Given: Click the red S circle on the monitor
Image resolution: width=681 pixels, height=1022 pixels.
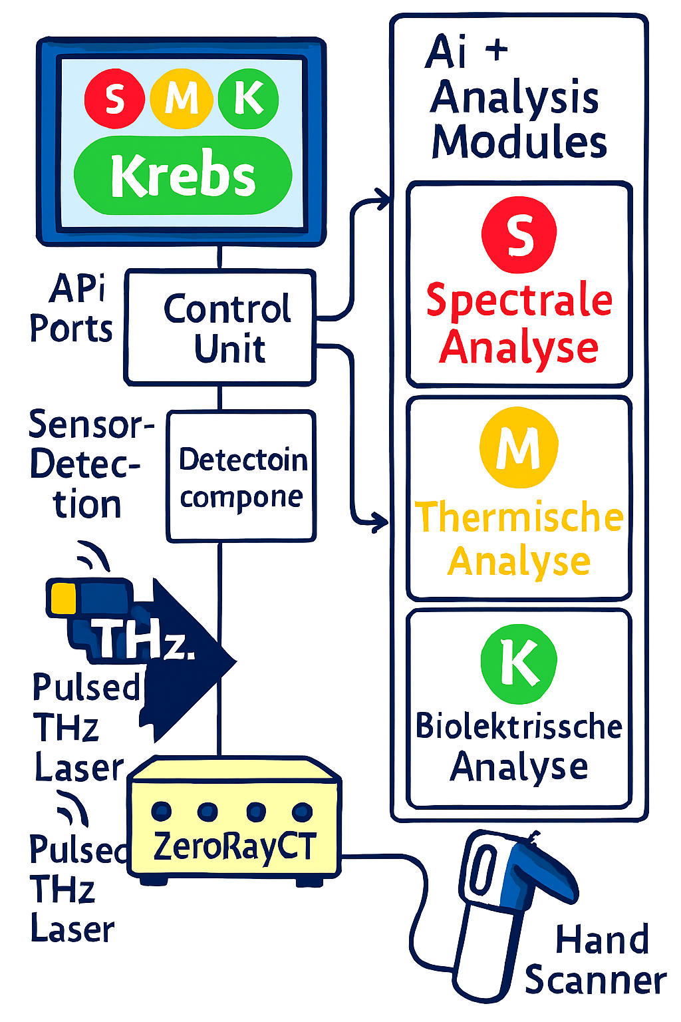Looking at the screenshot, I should pos(114,99).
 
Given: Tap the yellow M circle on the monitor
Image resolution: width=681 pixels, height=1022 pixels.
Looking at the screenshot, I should pos(181,99).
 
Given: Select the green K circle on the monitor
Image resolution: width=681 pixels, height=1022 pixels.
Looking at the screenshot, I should pos(248,99).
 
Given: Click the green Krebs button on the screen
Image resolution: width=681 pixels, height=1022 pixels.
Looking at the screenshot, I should pos(183,176).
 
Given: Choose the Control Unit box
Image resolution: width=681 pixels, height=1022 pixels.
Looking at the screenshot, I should pos(220,327).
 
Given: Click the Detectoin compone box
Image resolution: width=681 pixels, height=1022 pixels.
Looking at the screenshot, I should pos(241,476).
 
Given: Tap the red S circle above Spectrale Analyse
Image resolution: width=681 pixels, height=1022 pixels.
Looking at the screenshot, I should pos(519,235).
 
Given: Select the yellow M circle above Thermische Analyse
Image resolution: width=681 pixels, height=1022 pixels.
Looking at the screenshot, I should pos(519,448).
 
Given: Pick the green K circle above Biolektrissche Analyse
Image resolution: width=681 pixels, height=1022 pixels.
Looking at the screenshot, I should pos(519,663).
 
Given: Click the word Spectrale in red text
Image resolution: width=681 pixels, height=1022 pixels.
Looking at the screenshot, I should pos(519,300).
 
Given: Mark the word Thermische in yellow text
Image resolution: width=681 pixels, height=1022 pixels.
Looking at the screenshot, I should pos(519,517).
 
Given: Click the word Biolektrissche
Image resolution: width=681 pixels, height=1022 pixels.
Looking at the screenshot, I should pos(519,726).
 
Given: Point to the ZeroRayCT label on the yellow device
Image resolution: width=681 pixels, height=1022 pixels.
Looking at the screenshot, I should pos(235,846).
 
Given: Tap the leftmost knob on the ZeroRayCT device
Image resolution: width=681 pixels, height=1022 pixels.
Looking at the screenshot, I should pos(162,811).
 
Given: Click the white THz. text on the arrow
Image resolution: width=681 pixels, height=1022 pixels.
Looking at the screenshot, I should pos(143,640).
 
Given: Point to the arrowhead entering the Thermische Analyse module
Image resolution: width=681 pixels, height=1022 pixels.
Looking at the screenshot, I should pos(382,521).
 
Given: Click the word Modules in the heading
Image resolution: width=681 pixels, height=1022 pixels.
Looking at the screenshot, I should pos(519,142).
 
